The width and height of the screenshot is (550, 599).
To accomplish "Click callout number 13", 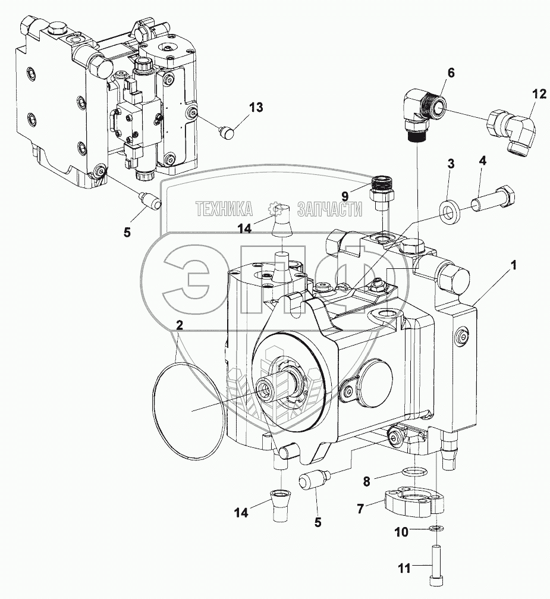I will point(256,108).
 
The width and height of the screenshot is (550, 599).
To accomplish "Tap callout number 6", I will point(450,73).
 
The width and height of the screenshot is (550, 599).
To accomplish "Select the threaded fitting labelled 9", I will point(380,190).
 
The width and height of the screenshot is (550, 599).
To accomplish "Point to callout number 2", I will point(180,324).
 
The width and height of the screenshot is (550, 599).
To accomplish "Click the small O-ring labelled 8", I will point(411,472).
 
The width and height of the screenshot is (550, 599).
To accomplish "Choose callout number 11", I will point(404,569).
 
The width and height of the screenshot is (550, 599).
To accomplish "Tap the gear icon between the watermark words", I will point(275,208).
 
